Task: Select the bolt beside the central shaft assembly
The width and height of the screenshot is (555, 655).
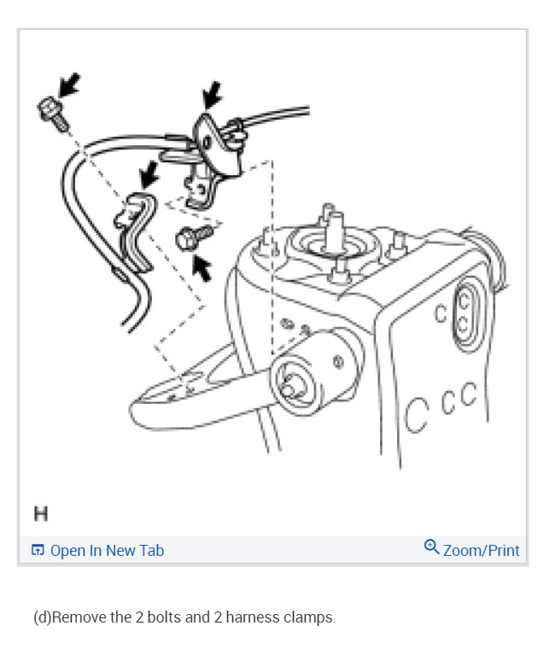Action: coord(188,238)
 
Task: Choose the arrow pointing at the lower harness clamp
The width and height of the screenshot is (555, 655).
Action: coord(151,174)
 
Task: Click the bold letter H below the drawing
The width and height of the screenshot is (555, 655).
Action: coord(40,513)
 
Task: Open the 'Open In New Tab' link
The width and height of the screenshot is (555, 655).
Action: coord(107,551)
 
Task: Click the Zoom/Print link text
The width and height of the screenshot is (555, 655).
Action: coord(481,551)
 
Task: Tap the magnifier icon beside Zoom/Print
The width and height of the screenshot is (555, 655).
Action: coord(431,549)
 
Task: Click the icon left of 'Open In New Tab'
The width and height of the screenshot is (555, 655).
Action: coord(38,551)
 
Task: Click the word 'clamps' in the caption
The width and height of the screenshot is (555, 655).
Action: coord(307,617)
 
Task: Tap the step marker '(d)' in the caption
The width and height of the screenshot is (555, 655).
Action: coord(42,617)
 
